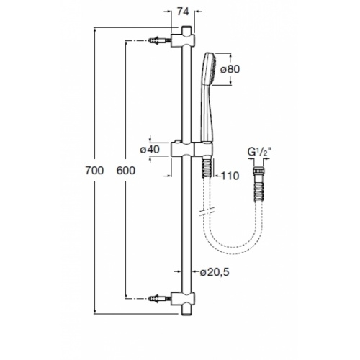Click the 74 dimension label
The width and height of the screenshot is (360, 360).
click(183, 12)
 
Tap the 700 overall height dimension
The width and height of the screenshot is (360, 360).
click(94, 171)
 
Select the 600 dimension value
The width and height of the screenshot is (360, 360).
click(126, 171)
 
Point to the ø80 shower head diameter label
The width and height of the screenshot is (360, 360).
click(230, 69)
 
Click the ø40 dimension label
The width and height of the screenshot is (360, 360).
click(150, 149)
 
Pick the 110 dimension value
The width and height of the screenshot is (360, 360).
click(230, 176)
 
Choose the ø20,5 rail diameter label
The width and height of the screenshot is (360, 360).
click(215, 272)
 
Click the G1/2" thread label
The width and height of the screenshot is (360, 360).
click(261, 153)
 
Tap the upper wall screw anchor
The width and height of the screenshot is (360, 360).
click(160, 40)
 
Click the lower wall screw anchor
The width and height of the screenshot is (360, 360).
click(160, 299)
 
